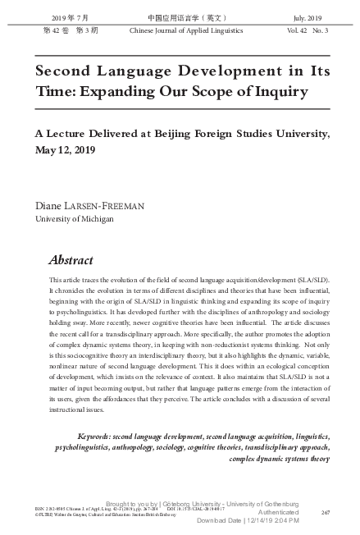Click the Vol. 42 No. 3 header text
(x=308, y=30)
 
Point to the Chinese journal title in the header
(x=180, y=16)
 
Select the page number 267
(x=325, y=511)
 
